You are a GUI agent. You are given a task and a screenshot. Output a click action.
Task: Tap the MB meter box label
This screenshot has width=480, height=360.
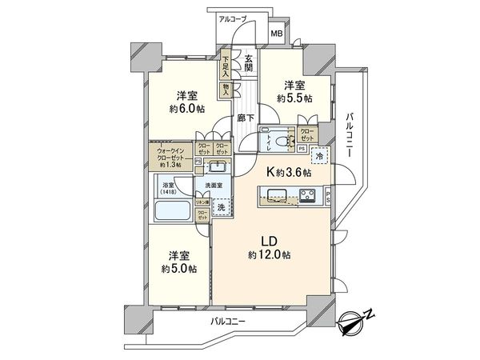pos(275,34)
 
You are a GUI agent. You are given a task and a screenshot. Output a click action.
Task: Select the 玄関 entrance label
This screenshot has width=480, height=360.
pos(250,61)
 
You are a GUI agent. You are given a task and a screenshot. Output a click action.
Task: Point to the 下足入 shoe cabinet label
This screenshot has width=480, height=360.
pos(226,64)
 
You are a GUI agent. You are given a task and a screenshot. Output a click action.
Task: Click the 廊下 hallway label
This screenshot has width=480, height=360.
pos(246,118)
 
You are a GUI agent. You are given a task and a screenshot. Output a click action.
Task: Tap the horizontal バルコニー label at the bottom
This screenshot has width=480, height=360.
pos(229,321)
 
